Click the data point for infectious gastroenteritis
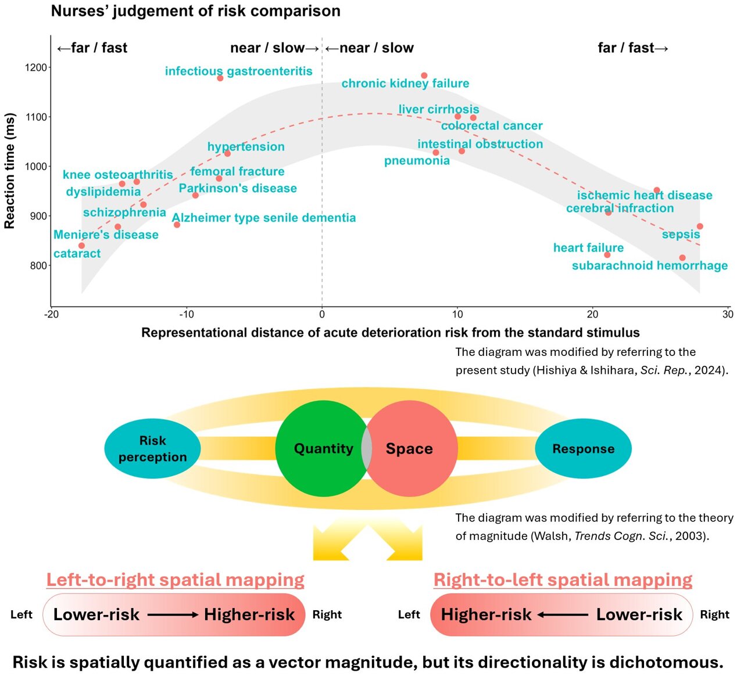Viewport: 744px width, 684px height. click(220, 78)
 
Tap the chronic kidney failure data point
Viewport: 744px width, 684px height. click(424, 75)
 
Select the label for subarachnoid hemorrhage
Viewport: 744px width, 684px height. click(649, 266)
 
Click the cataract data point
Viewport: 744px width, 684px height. click(81, 246)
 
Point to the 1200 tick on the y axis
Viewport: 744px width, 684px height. click(36, 67)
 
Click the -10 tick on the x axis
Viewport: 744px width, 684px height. click(187, 315)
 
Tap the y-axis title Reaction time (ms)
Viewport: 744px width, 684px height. click(9, 170)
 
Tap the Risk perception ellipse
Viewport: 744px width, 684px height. click(152, 448)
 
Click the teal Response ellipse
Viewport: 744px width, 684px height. click(583, 448)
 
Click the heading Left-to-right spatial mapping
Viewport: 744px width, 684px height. click(175, 579)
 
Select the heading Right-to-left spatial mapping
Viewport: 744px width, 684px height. click(563, 579)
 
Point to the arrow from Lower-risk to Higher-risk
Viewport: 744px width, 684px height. click(172, 614)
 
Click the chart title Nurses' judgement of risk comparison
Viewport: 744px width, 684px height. click(195, 11)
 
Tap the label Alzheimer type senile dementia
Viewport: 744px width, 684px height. click(264, 218)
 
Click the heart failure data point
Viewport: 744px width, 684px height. click(607, 255)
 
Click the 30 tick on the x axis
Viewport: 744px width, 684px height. click(728, 315)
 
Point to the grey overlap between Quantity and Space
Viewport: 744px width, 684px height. click(367, 448)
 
